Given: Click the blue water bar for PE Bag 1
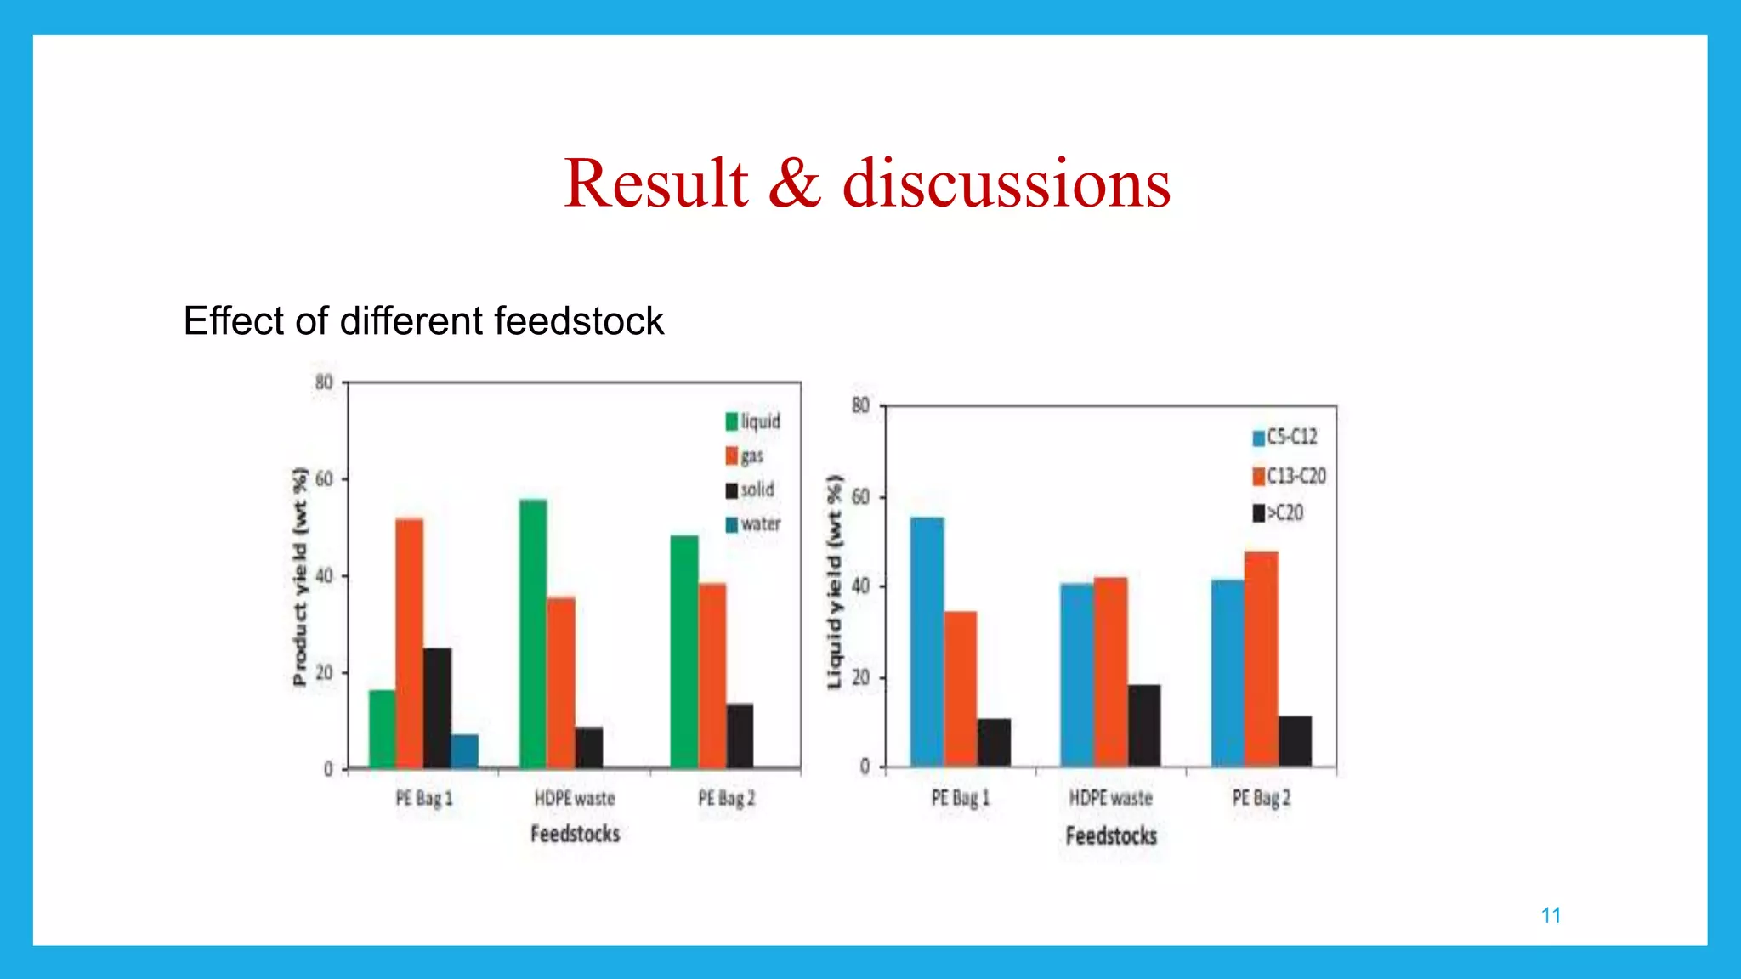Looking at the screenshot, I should pos(465,751).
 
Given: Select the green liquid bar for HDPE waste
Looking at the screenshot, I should pos(533,634).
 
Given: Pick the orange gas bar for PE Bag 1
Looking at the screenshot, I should pos(409,643).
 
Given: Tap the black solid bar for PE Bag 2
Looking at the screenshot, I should pos(740,736).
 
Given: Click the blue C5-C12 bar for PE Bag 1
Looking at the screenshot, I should pos(927,642).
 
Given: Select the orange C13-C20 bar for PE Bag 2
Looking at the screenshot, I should pos(1261,659).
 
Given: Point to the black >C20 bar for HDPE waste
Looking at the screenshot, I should pos(1143,725).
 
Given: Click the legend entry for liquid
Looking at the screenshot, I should pos(753,422).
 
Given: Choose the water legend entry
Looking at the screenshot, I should pos(753,524).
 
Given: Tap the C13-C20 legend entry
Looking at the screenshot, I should pos(1289,476).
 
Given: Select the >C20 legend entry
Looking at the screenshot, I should pos(1279,513).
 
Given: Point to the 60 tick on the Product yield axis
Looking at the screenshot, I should pos(324,479).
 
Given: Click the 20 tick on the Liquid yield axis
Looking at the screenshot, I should pos(861,677).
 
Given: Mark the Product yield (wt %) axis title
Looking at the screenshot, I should pos(299,576).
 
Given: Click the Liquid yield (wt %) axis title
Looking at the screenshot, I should pos(835,582).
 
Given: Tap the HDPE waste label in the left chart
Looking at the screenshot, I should pos(575,798).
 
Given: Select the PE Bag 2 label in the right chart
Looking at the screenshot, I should pos(1262,798).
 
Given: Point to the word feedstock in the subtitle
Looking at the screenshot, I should pos(579,321).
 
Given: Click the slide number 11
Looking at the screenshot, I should pos(1551,915).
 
